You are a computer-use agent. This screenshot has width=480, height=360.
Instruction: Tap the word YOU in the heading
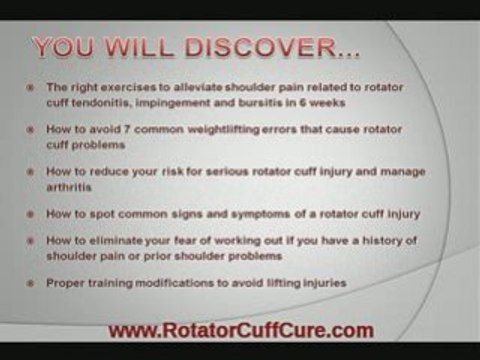click(67, 47)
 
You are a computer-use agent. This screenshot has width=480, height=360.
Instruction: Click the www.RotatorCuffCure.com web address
click(240, 329)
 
